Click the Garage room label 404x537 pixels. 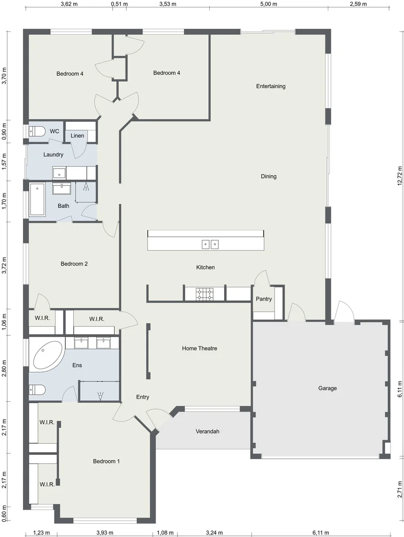(x=327, y=388)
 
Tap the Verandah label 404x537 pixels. (x=207, y=431)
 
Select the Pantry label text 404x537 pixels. (x=264, y=299)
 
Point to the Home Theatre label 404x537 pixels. (x=199, y=349)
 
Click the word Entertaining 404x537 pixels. (x=270, y=86)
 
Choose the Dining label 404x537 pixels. (x=269, y=176)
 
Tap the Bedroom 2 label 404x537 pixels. (x=74, y=264)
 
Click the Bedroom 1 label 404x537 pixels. (x=106, y=461)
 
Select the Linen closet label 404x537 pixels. (x=77, y=136)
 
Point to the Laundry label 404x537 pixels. (x=53, y=155)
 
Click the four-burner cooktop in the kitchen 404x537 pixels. (x=204, y=294)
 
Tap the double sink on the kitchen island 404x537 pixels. (x=210, y=244)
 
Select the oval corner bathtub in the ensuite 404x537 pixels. (x=48, y=355)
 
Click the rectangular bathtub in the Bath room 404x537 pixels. (x=37, y=200)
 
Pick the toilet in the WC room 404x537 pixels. (x=37, y=131)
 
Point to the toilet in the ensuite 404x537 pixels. (x=37, y=390)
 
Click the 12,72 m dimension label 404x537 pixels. (x=399, y=175)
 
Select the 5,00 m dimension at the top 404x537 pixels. (x=269, y=4)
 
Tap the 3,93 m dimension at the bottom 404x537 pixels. (x=105, y=533)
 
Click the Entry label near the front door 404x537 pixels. (x=142, y=397)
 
